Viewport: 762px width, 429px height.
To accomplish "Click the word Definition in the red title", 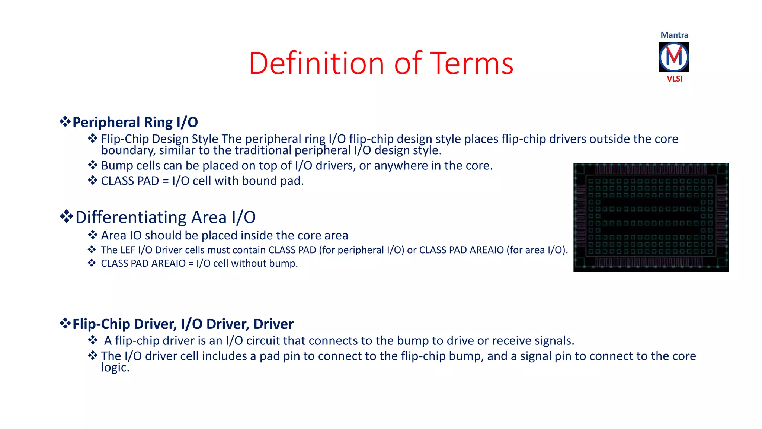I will (x=316, y=63).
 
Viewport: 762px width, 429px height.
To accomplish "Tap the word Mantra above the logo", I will (x=674, y=35).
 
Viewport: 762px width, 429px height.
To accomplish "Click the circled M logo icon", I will (x=674, y=57).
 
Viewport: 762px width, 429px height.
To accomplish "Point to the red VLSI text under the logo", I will (x=674, y=79).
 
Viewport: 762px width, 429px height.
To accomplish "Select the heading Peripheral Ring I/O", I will (x=135, y=122).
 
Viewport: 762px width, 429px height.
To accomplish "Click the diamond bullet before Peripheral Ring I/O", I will (x=65, y=121).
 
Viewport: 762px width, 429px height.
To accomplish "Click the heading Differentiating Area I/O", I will (x=165, y=217).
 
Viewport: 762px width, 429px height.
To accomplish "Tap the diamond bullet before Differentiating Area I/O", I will (x=66, y=216).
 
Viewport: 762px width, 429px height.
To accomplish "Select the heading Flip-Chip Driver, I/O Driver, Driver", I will (x=183, y=324).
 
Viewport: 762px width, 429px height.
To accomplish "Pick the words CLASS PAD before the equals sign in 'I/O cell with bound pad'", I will (x=130, y=181).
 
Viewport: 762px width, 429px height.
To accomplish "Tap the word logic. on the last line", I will (x=115, y=368).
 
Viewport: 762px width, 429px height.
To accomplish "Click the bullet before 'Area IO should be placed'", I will (x=92, y=235).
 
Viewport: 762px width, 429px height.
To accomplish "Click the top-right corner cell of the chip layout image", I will (x=722, y=169).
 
